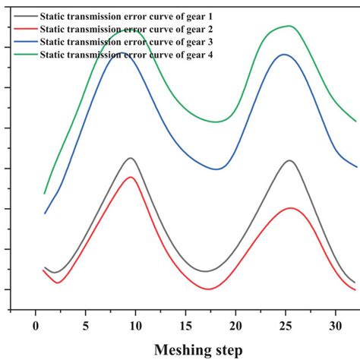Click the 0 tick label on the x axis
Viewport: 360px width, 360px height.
point(36,326)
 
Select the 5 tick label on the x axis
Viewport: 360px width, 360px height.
point(86,326)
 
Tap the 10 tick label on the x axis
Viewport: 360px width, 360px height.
point(135,326)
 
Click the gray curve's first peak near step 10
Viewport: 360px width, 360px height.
point(131,158)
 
